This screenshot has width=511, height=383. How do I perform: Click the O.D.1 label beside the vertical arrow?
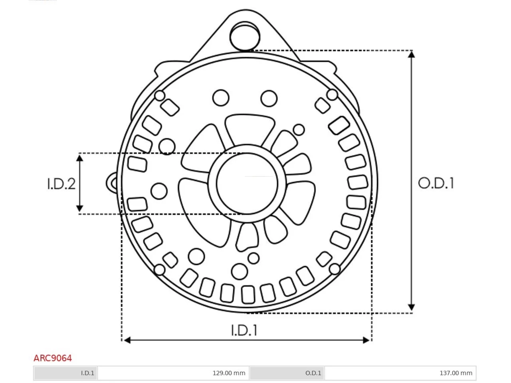click(436, 183)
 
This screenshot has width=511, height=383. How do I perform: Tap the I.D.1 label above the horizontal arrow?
click(244, 330)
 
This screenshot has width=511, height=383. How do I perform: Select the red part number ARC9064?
click(53, 358)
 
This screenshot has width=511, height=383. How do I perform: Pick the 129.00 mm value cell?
click(173, 373)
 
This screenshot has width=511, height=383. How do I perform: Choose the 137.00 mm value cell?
click(400, 373)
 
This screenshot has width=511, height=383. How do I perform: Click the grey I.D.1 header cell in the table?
click(65, 373)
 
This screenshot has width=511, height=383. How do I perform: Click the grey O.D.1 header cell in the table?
click(287, 373)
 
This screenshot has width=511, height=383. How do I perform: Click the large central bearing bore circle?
click(247, 184)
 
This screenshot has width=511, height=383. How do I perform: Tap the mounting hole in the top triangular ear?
click(245, 36)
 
